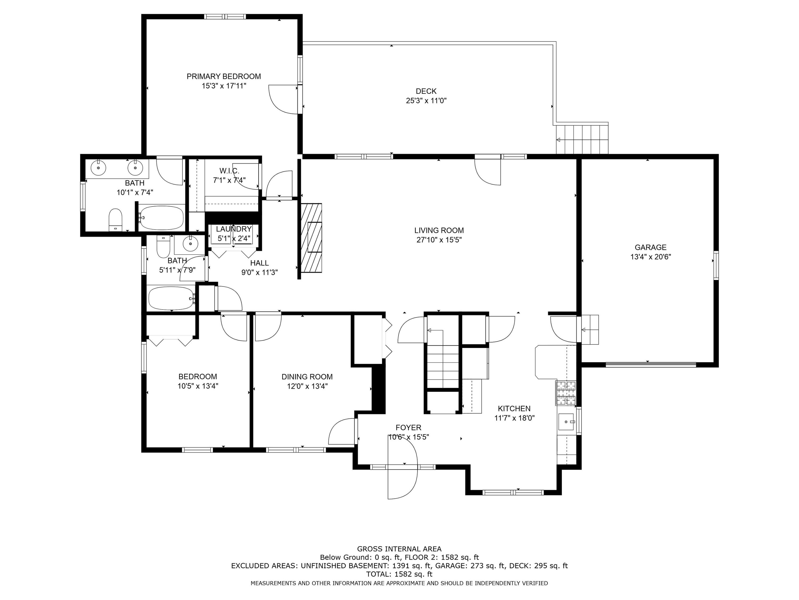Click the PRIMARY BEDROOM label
(224, 76)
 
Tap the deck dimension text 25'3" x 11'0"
(426, 101)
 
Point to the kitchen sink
(566, 422)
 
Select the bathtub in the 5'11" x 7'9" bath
(171, 298)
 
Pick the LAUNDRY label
(234, 229)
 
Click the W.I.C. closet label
(229, 171)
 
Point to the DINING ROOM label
(307, 377)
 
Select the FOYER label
(408, 428)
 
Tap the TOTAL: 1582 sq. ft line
(399, 574)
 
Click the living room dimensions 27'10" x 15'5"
(439, 240)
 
